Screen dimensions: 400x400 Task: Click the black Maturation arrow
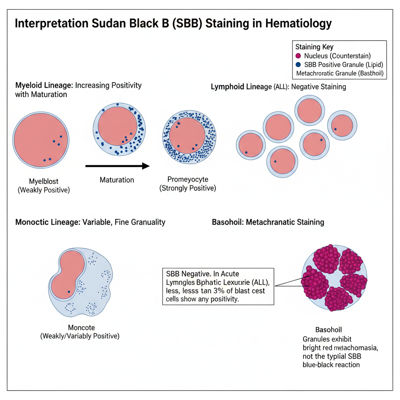(117, 166)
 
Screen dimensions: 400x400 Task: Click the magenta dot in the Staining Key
(299, 56)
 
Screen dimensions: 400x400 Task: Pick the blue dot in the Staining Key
(299, 64)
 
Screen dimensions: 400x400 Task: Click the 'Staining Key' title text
(314, 47)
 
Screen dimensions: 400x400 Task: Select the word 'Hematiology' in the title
(298, 23)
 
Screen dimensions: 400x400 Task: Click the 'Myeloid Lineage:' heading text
(44, 85)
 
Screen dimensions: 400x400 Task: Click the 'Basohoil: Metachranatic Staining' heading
(268, 222)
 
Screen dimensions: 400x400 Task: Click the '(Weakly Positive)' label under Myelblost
(44, 190)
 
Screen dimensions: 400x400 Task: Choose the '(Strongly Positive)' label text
(187, 188)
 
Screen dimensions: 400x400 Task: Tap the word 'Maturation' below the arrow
(117, 180)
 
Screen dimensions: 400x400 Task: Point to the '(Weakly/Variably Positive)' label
(80, 336)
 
